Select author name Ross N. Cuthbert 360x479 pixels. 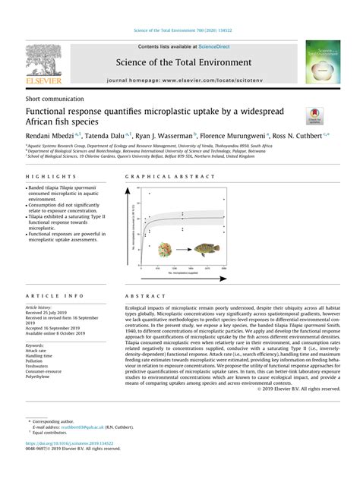click(297, 134)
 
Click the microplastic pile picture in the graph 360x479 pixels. click(166, 249)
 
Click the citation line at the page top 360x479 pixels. click(180, 30)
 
